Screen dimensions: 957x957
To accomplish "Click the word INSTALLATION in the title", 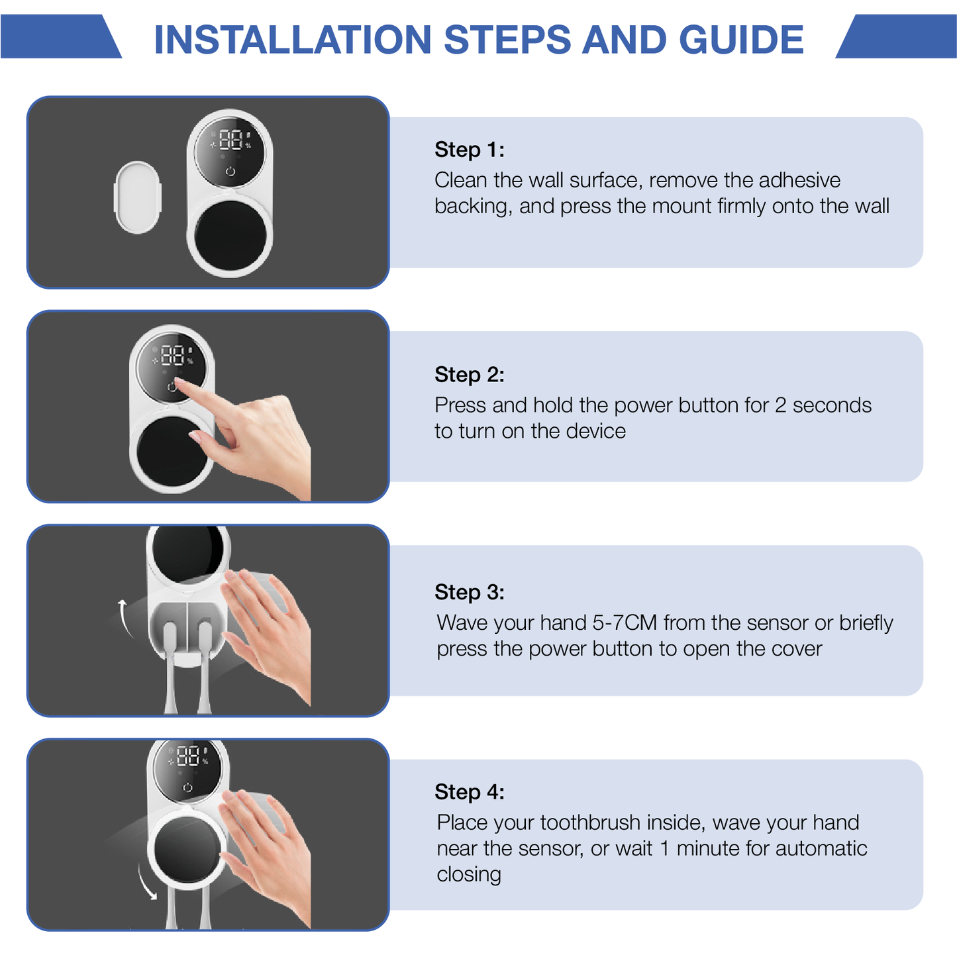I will [x=292, y=40].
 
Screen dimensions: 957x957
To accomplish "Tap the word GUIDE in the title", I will [x=741, y=40].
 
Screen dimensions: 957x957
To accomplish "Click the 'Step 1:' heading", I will [x=469, y=150].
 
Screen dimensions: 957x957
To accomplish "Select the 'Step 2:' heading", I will [x=469, y=375].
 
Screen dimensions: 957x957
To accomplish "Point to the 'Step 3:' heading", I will [x=469, y=592].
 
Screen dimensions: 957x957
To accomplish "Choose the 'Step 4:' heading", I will [x=469, y=792].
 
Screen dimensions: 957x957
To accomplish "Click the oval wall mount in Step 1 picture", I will [x=138, y=197].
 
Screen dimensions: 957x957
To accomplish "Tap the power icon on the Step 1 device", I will [x=230, y=172].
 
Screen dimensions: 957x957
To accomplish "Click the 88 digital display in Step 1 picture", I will [x=230, y=140].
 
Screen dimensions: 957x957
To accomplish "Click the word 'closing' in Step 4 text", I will [x=468, y=874].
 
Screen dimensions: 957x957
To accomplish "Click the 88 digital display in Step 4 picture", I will [x=188, y=756].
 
